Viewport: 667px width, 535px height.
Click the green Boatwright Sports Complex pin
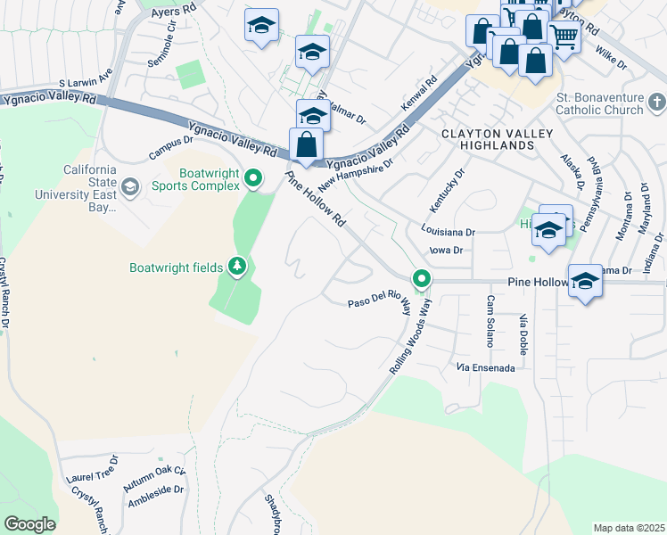point(253,178)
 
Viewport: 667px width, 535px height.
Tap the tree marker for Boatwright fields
point(236,266)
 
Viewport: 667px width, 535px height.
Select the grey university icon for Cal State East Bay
point(130,186)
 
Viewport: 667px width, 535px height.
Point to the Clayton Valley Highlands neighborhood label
point(497,139)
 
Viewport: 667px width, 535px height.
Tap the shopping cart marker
point(564,37)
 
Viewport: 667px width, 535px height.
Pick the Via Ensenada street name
point(485,366)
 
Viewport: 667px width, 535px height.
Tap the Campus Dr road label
point(171,146)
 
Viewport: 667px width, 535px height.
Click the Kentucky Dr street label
point(447,190)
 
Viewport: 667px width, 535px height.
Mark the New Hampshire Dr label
point(358,162)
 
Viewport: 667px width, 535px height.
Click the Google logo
point(29,523)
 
